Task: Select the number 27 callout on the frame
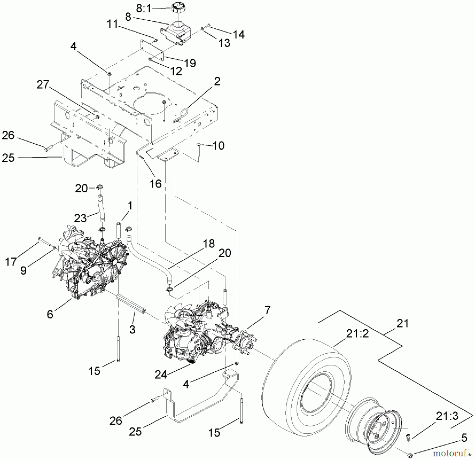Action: pyautogui.click(x=43, y=85)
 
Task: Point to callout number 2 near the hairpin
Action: pyautogui.click(x=217, y=81)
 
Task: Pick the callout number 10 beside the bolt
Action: pyautogui.click(x=218, y=145)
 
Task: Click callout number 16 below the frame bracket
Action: pyautogui.click(x=156, y=183)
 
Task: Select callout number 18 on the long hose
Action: pyautogui.click(x=209, y=244)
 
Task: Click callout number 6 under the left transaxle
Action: pyautogui.click(x=50, y=314)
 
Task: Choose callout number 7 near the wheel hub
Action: pyautogui.click(x=267, y=310)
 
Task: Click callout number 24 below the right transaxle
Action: pyautogui.click(x=161, y=374)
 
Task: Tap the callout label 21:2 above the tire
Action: pyautogui.click(x=357, y=334)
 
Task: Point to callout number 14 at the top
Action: pyautogui.click(x=239, y=34)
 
